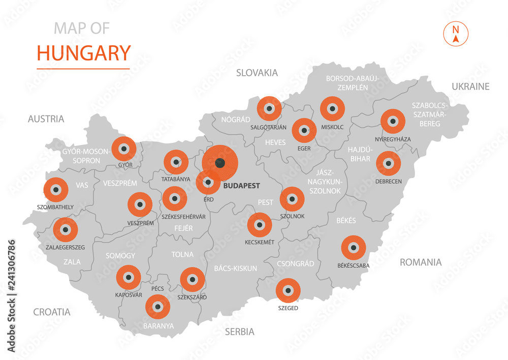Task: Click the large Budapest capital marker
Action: click(x=219, y=163)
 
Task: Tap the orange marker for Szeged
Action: click(x=288, y=291)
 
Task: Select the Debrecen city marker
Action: click(x=389, y=164)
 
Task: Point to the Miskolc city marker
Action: click(x=333, y=109)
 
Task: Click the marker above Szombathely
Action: click(x=56, y=190)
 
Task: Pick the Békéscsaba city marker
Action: click(x=353, y=248)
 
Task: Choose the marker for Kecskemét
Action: click(x=260, y=225)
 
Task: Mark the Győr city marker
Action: click(x=124, y=149)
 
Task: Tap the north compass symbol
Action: click(x=456, y=33)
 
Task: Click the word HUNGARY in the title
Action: click(x=84, y=53)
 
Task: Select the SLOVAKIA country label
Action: click(x=257, y=73)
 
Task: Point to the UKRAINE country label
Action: click(x=470, y=86)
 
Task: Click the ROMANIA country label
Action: click(x=421, y=262)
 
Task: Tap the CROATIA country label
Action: click(x=52, y=312)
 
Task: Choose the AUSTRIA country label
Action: click(x=46, y=119)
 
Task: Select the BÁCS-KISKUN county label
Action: click(x=235, y=268)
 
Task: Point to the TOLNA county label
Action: click(x=183, y=254)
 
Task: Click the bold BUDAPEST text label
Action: click(x=241, y=186)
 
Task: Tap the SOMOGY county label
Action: click(x=120, y=255)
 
